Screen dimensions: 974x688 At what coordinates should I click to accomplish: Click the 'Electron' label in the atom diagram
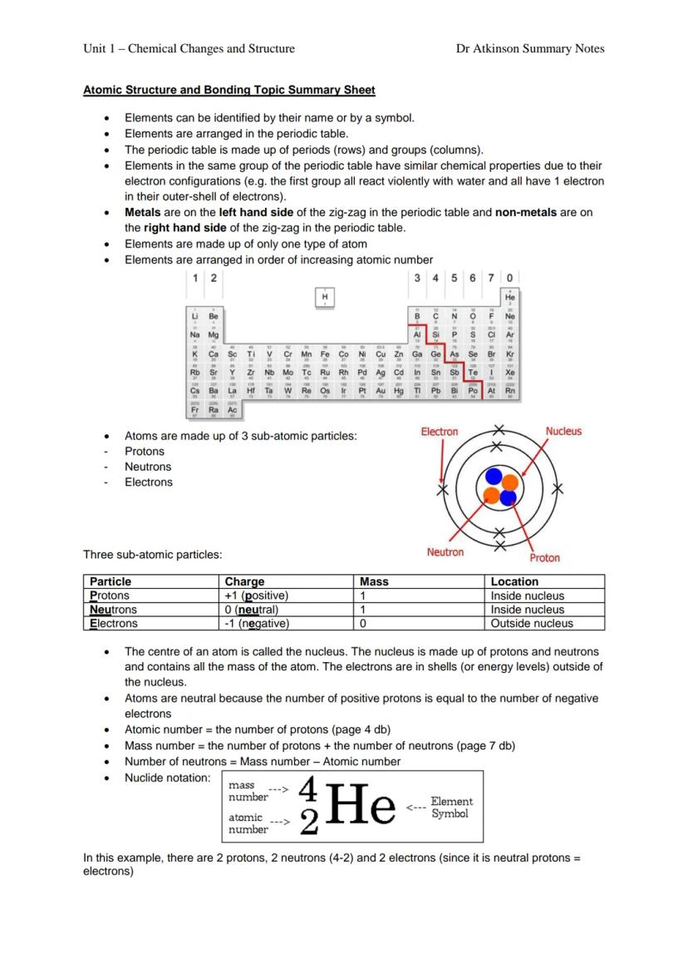click(439, 432)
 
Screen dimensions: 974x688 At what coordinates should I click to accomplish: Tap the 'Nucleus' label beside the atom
click(563, 431)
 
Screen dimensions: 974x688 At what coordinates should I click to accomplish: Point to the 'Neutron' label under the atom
click(445, 552)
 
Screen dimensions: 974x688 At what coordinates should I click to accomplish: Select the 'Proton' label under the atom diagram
click(544, 558)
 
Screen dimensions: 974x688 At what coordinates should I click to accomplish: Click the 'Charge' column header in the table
click(244, 581)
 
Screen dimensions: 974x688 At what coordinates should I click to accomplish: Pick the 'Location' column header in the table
click(514, 581)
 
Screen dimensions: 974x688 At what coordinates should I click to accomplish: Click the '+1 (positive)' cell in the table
click(256, 596)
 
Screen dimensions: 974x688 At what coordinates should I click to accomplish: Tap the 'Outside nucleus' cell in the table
click(532, 623)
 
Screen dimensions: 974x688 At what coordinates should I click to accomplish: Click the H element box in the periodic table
click(325, 297)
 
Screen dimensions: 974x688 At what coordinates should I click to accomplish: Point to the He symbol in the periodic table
click(510, 297)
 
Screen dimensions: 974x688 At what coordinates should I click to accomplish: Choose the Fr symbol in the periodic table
click(194, 410)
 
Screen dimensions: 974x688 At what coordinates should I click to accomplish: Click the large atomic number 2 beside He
click(308, 823)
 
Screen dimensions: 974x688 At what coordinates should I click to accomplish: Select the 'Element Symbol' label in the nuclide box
click(451, 808)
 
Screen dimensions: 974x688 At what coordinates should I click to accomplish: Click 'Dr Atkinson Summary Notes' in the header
click(530, 48)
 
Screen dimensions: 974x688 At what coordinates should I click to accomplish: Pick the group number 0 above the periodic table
click(509, 277)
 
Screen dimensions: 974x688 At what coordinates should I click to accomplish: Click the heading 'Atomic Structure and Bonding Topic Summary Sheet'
click(229, 90)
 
